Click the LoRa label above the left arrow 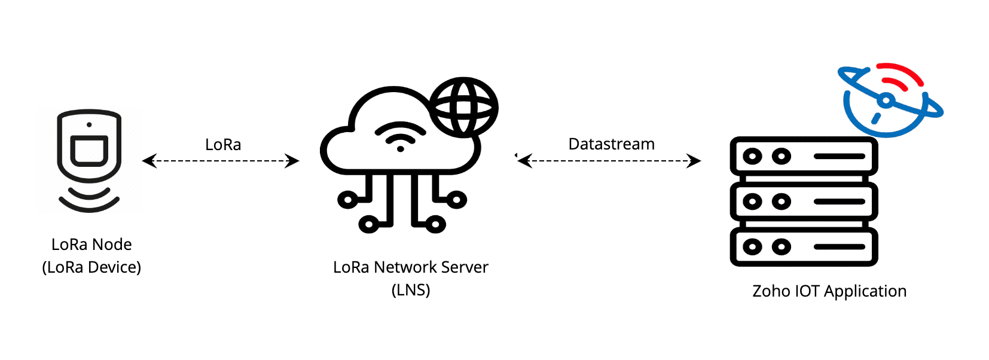[223, 145]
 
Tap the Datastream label [611, 144]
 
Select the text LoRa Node [91, 245]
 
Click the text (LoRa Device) [91, 267]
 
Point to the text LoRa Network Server [410, 267]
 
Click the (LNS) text [411, 290]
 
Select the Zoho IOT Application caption [829, 291]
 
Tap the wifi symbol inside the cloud [400, 137]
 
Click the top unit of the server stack [804, 156]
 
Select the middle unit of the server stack [804, 202]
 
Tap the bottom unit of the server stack [804, 246]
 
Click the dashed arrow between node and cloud [221, 161]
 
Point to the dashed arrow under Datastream [609, 161]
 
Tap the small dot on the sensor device [89, 124]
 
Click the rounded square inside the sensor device [89, 150]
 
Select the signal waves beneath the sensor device [89, 200]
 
